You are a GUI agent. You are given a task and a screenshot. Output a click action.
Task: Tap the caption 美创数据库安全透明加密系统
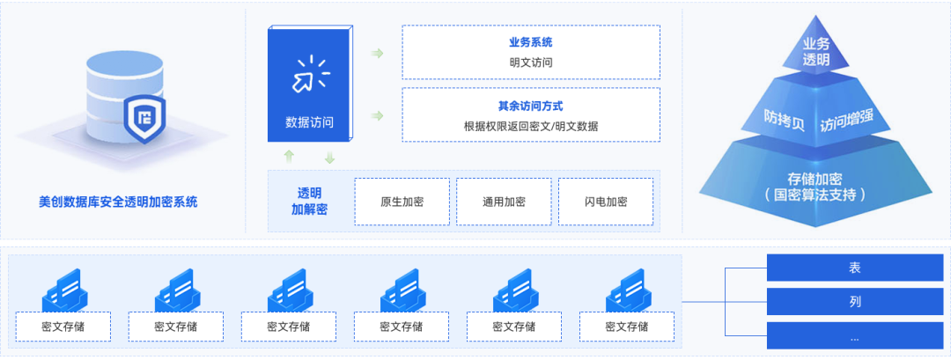pos(119,202)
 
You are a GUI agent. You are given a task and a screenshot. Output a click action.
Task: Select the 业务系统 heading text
pos(531,42)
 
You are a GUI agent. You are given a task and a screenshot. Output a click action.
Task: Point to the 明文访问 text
pos(531,62)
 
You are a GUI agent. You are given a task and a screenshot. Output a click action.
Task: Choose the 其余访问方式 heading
pos(531,105)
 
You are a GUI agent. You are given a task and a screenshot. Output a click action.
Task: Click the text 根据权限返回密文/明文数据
pos(531,126)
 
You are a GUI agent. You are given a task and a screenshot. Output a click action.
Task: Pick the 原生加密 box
pos(402,202)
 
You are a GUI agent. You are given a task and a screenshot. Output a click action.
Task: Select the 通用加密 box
pos(505,202)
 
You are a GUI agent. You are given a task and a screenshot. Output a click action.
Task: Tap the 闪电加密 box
pos(606,202)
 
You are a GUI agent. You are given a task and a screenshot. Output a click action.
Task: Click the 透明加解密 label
pos(309,202)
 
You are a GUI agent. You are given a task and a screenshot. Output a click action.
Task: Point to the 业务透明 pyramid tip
pos(816,52)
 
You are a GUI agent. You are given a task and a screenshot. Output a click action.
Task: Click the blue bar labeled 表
pos(854,268)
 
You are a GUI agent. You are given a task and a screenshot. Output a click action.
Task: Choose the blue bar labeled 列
pos(854,302)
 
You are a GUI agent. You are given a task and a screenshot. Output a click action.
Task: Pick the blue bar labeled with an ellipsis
pos(854,335)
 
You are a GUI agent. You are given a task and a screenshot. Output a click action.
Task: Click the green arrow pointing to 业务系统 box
pos(377,54)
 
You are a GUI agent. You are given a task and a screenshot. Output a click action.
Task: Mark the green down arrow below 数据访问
pos(329,158)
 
